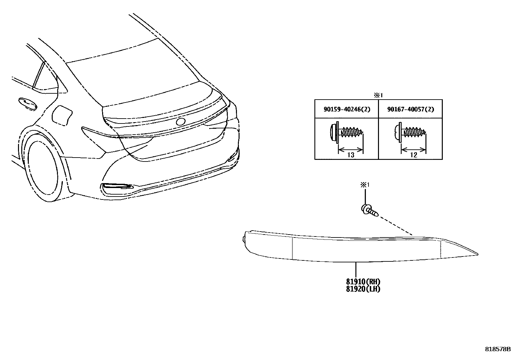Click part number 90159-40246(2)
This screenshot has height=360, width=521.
click(x=347, y=109)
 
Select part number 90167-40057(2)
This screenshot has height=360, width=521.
click(x=410, y=109)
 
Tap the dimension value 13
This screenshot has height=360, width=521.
click(x=350, y=155)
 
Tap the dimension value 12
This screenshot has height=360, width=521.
click(x=414, y=155)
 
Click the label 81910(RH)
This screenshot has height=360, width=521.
click(x=363, y=281)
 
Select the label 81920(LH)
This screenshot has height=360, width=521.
click(x=363, y=289)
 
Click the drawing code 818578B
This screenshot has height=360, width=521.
click(x=498, y=349)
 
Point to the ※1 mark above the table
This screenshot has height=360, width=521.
click(x=378, y=95)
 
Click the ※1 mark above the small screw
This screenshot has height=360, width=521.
click(x=365, y=185)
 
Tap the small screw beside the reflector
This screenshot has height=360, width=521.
click(x=370, y=211)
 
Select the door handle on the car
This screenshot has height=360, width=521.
click(x=27, y=103)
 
